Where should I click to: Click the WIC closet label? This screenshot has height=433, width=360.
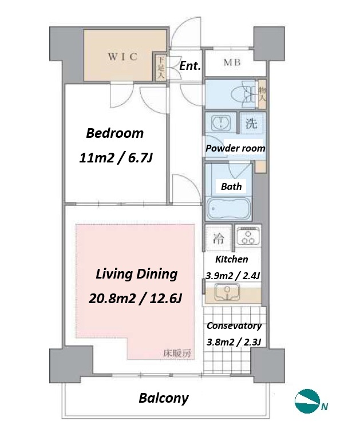pos(122,57)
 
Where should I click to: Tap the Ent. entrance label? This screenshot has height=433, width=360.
pos(190,66)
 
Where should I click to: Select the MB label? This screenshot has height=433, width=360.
pos(232,63)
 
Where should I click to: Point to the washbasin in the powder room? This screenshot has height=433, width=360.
pos(221,123)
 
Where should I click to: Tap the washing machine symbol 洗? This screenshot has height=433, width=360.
pos(251,123)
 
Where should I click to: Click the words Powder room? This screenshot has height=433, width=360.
pos(235,148)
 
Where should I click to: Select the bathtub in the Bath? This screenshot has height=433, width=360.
pos(228,208)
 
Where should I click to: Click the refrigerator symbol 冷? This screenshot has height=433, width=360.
pos(218,239)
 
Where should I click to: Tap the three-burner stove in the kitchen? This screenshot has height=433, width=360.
pos(248,236)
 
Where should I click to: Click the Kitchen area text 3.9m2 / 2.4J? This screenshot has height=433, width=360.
pos(232,276)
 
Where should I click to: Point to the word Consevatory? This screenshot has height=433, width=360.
pos(234,326)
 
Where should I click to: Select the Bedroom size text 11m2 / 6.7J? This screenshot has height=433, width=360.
pos(116,158)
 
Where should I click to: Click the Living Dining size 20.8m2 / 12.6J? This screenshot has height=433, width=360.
pos(135,299)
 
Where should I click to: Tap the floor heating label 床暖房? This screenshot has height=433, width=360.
pos(177,353)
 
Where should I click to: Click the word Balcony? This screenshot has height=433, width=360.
pos(164,399)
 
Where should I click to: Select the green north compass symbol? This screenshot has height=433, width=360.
pos(307,401)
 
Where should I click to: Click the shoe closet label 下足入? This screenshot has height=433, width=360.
pos(161,67)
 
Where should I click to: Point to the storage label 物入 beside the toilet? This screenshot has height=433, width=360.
pos(262,94)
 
